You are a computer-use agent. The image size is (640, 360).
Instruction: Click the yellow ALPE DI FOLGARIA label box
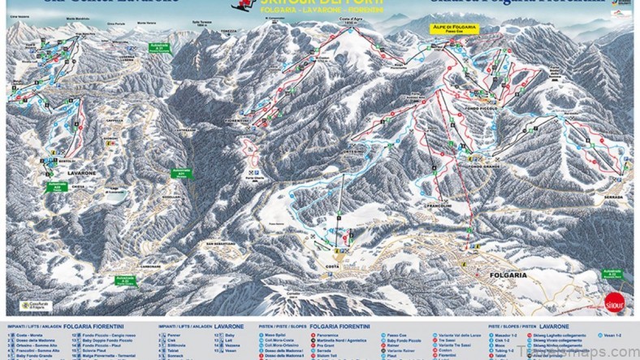click(454, 29)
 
